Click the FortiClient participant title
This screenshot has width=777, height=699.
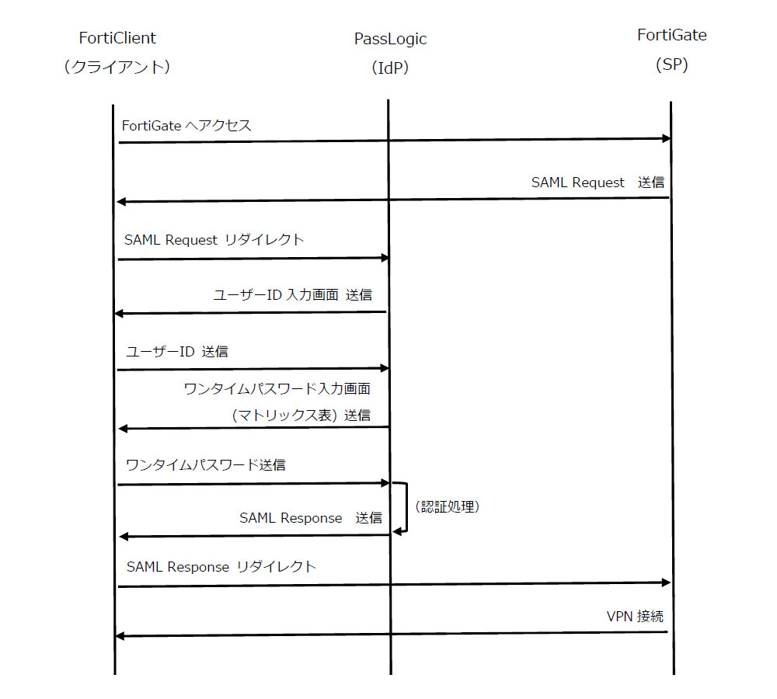coord(117,38)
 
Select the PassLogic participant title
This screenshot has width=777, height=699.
coord(390,39)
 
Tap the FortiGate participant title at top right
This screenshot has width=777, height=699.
coord(672,35)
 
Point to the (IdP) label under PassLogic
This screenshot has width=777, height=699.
coord(390,68)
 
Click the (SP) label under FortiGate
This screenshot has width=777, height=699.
coord(672,64)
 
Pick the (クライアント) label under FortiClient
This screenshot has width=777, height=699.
coord(117,67)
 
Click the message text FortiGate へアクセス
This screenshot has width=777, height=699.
coord(186,126)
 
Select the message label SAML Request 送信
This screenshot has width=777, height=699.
coord(598,183)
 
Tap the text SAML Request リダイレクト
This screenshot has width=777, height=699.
coord(214,240)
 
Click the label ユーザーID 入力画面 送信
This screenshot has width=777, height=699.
coord(293,295)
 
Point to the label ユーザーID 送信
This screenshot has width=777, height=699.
coord(177,352)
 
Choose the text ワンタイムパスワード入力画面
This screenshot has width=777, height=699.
coord(277,389)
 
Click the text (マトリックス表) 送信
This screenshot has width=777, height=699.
coord(301,416)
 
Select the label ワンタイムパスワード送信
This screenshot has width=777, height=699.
coord(206,464)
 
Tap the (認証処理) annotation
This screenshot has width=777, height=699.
coord(448,507)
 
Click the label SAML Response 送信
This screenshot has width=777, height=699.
coord(311,518)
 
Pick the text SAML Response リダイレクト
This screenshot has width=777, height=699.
coord(221,567)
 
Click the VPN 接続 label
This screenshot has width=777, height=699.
coord(635,617)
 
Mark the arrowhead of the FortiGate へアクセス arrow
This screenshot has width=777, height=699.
coord(667,139)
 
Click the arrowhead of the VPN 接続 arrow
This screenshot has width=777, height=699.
coord(119,636)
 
